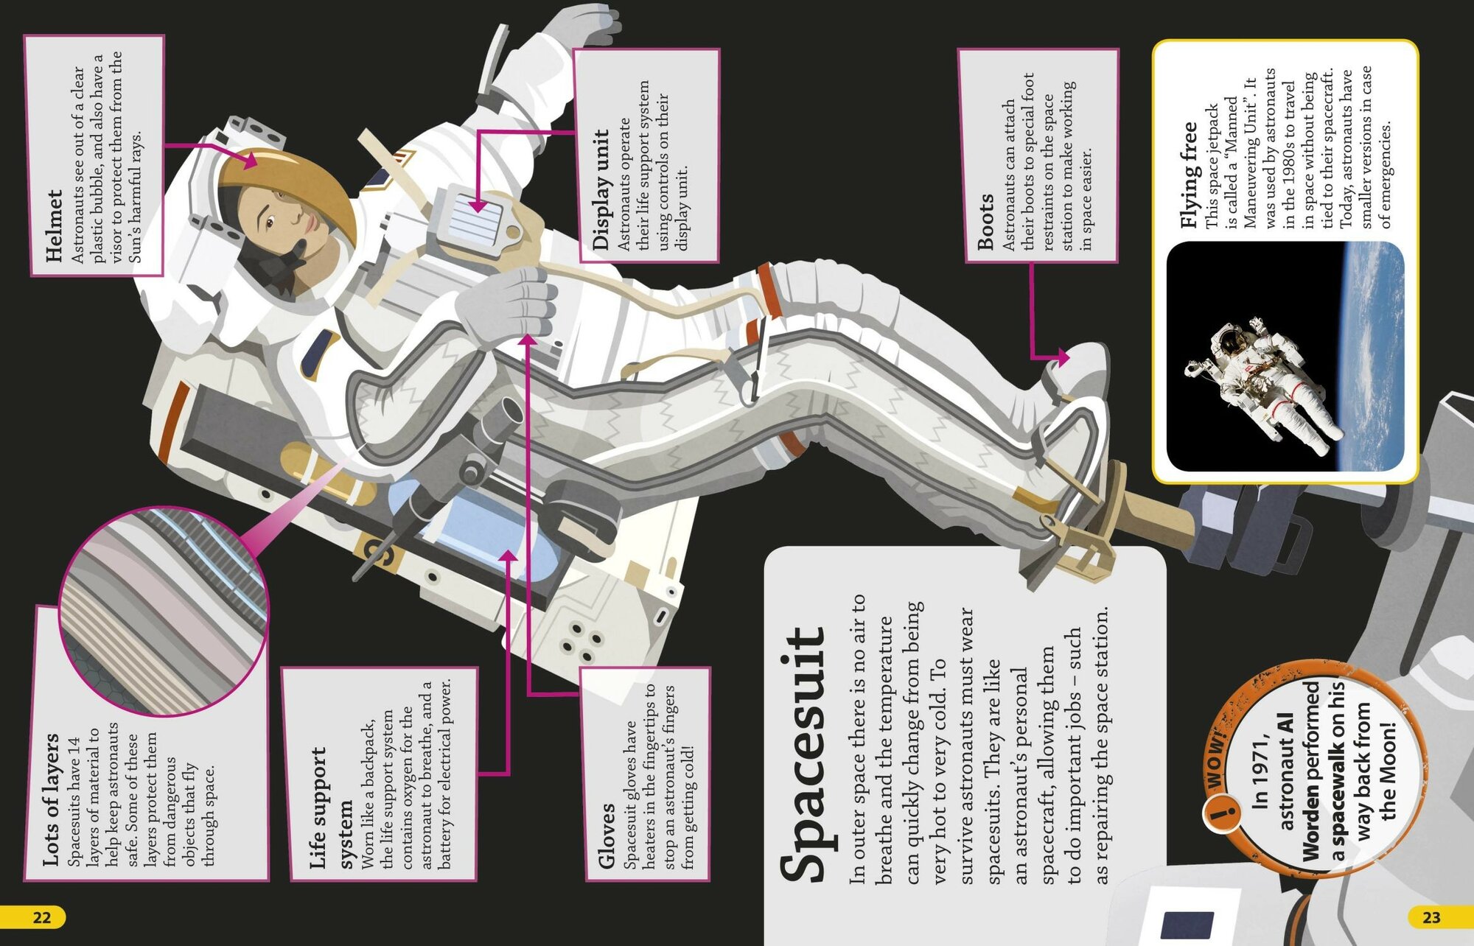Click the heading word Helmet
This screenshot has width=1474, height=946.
54,225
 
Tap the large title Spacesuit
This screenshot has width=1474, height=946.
803,754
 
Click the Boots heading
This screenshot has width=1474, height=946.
985,221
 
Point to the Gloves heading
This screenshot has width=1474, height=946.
606,836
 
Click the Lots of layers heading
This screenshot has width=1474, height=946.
51,799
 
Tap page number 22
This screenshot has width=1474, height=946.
42,917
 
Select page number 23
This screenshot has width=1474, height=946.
1431,917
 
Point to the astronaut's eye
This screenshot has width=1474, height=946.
270,223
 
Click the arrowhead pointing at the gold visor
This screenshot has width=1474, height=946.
251,160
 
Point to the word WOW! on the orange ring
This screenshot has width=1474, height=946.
1216,758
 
